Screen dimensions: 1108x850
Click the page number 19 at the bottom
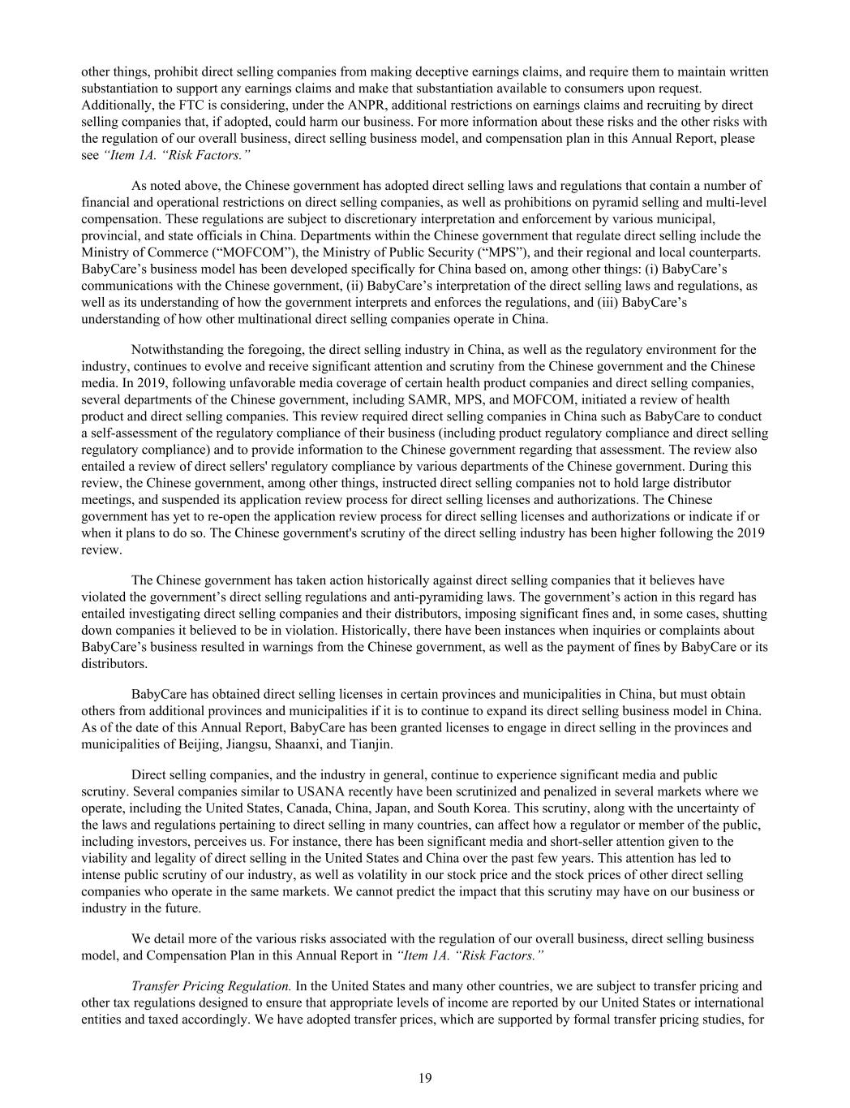coord(425,1078)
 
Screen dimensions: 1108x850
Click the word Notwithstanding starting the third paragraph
coord(176,350)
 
